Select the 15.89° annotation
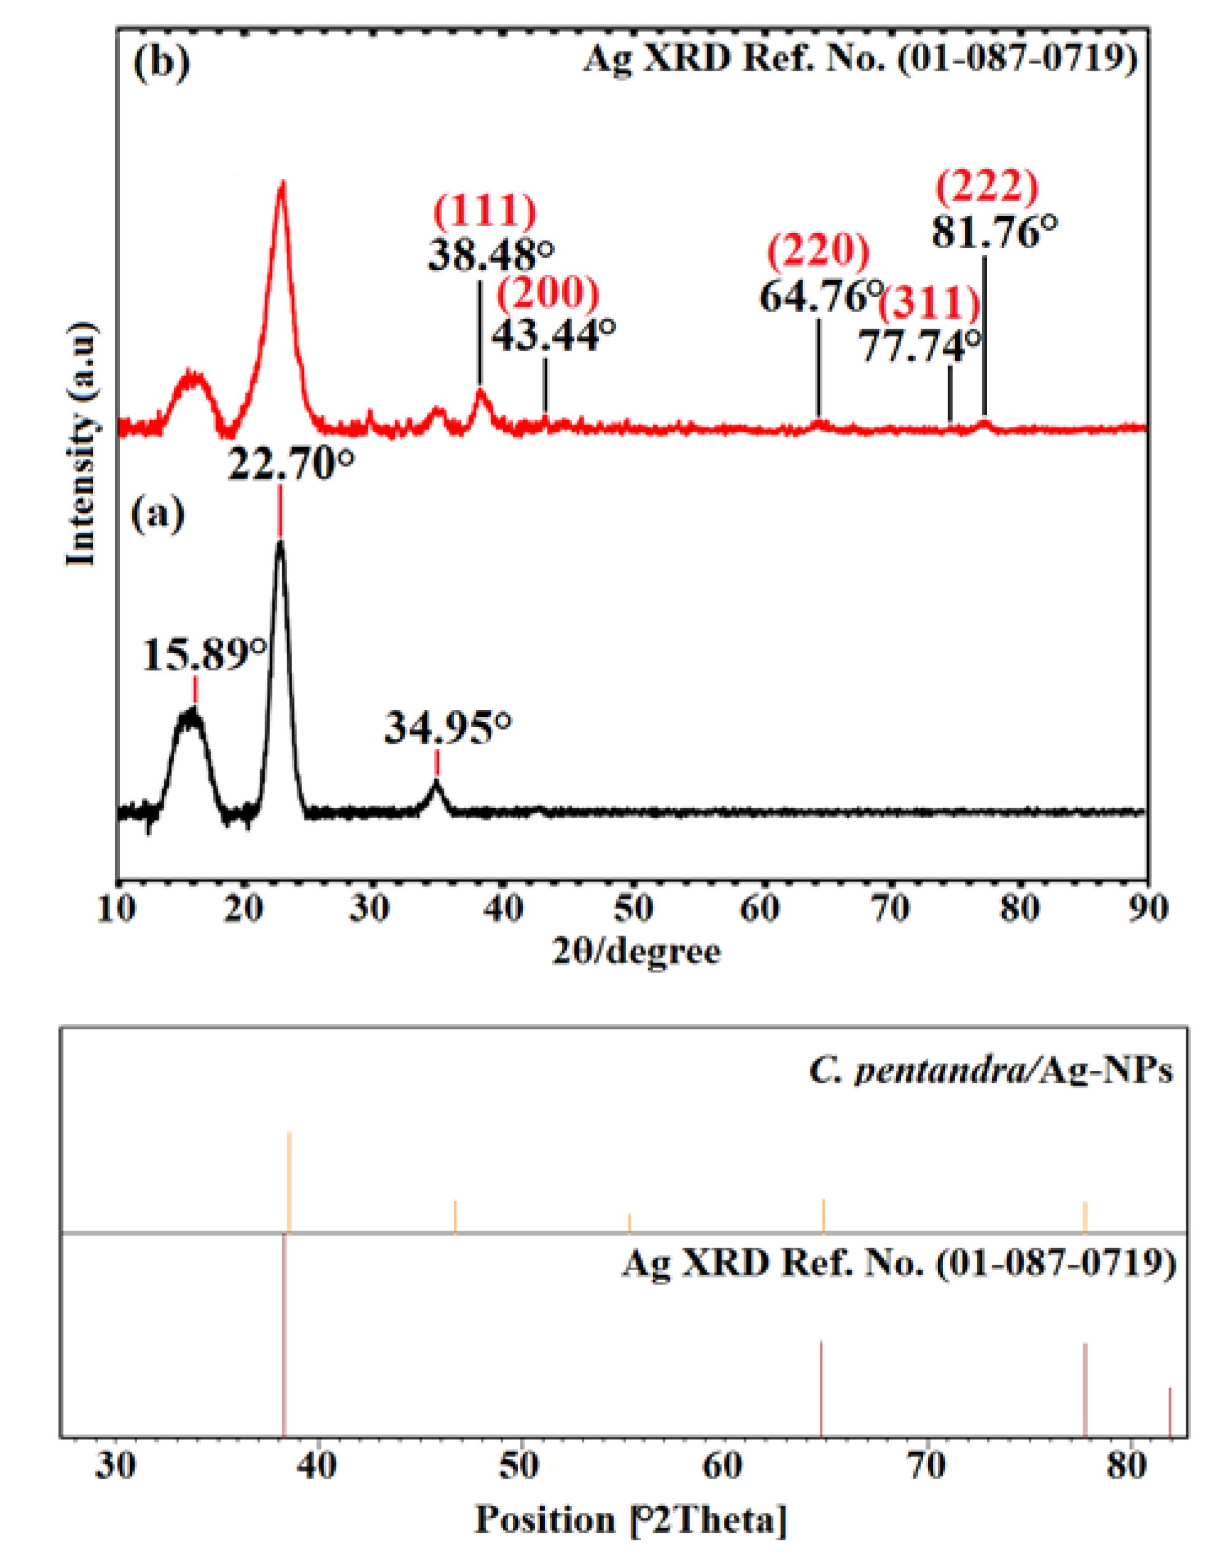[205, 654]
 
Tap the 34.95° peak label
[448, 729]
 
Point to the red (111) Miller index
[485, 210]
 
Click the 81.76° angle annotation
[994, 233]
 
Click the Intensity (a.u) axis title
[81, 445]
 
